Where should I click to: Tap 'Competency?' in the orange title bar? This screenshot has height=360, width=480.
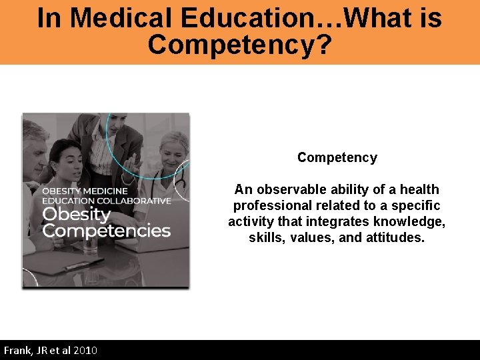[x=240, y=45]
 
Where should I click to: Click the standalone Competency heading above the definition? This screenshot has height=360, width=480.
[x=337, y=157]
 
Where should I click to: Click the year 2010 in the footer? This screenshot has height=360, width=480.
[x=85, y=351]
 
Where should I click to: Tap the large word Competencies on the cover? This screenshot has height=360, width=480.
[x=107, y=231]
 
